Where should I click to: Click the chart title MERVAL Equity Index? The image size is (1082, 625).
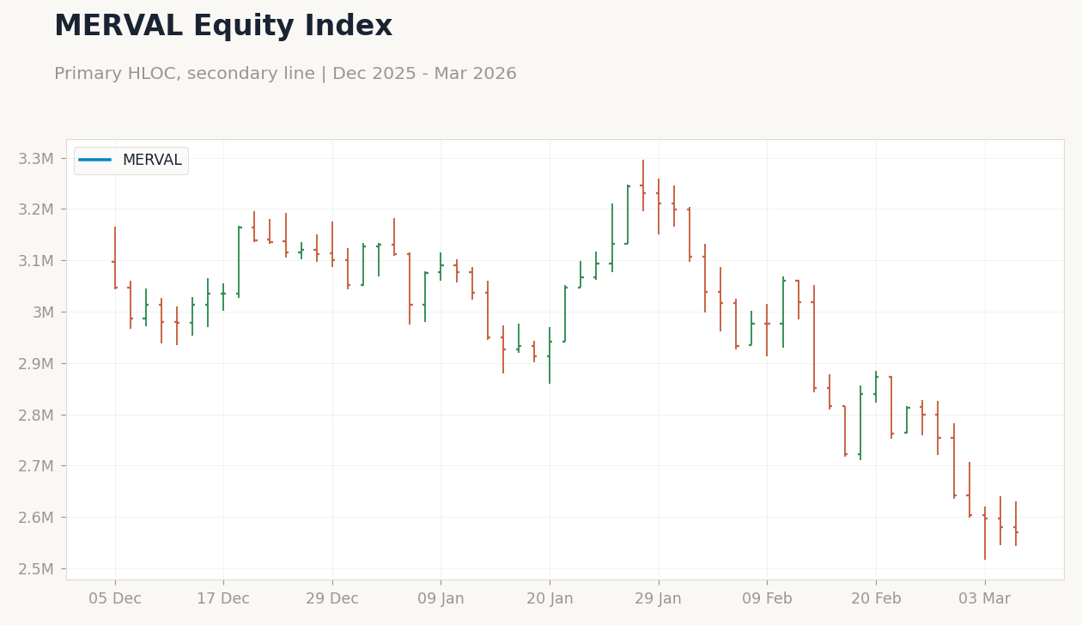click(223, 26)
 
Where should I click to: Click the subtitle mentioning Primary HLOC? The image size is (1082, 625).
click(285, 74)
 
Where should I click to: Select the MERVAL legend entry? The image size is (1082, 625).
click(131, 160)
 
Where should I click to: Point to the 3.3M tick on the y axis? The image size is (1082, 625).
click(36, 159)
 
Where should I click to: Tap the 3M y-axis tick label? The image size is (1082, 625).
click(43, 312)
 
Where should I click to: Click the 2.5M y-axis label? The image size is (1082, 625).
click(36, 569)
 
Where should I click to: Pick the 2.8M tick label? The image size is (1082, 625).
click(36, 415)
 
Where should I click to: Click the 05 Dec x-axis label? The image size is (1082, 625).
click(115, 598)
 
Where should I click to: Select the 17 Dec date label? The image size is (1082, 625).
click(223, 598)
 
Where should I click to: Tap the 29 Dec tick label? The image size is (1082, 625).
click(332, 598)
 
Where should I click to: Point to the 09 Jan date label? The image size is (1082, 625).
click(441, 598)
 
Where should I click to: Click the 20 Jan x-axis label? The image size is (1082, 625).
click(550, 598)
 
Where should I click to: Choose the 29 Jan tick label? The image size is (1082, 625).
click(659, 598)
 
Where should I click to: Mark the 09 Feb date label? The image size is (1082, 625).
click(767, 598)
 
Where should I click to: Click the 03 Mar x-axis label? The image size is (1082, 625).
click(985, 598)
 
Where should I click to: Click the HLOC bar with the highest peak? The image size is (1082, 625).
click(643, 185)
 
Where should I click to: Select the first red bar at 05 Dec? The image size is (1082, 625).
click(115, 258)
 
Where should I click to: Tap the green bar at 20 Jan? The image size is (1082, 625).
click(550, 355)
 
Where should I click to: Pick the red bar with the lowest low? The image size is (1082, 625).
click(985, 533)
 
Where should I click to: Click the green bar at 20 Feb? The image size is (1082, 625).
click(876, 387)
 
